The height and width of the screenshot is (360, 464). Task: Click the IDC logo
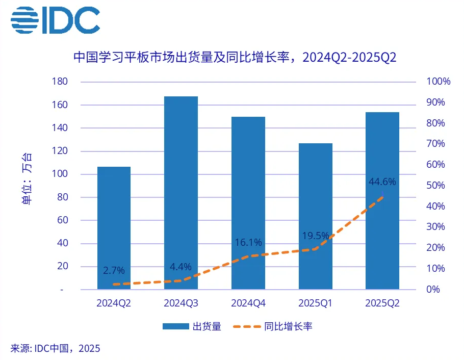pyautogui.click(x=55, y=21)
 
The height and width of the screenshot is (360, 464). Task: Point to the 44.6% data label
pyautogui.click(x=382, y=182)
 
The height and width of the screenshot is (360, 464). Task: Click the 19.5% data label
pyautogui.click(x=315, y=236)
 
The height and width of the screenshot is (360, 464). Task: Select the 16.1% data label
pyautogui.click(x=248, y=243)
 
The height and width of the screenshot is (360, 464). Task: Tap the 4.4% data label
pyautogui.click(x=181, y=267)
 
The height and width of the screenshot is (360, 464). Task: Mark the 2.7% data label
pyautogui.click(x=114, y=270)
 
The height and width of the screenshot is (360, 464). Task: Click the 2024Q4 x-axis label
pyautogui.click(x=248, y=303)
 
